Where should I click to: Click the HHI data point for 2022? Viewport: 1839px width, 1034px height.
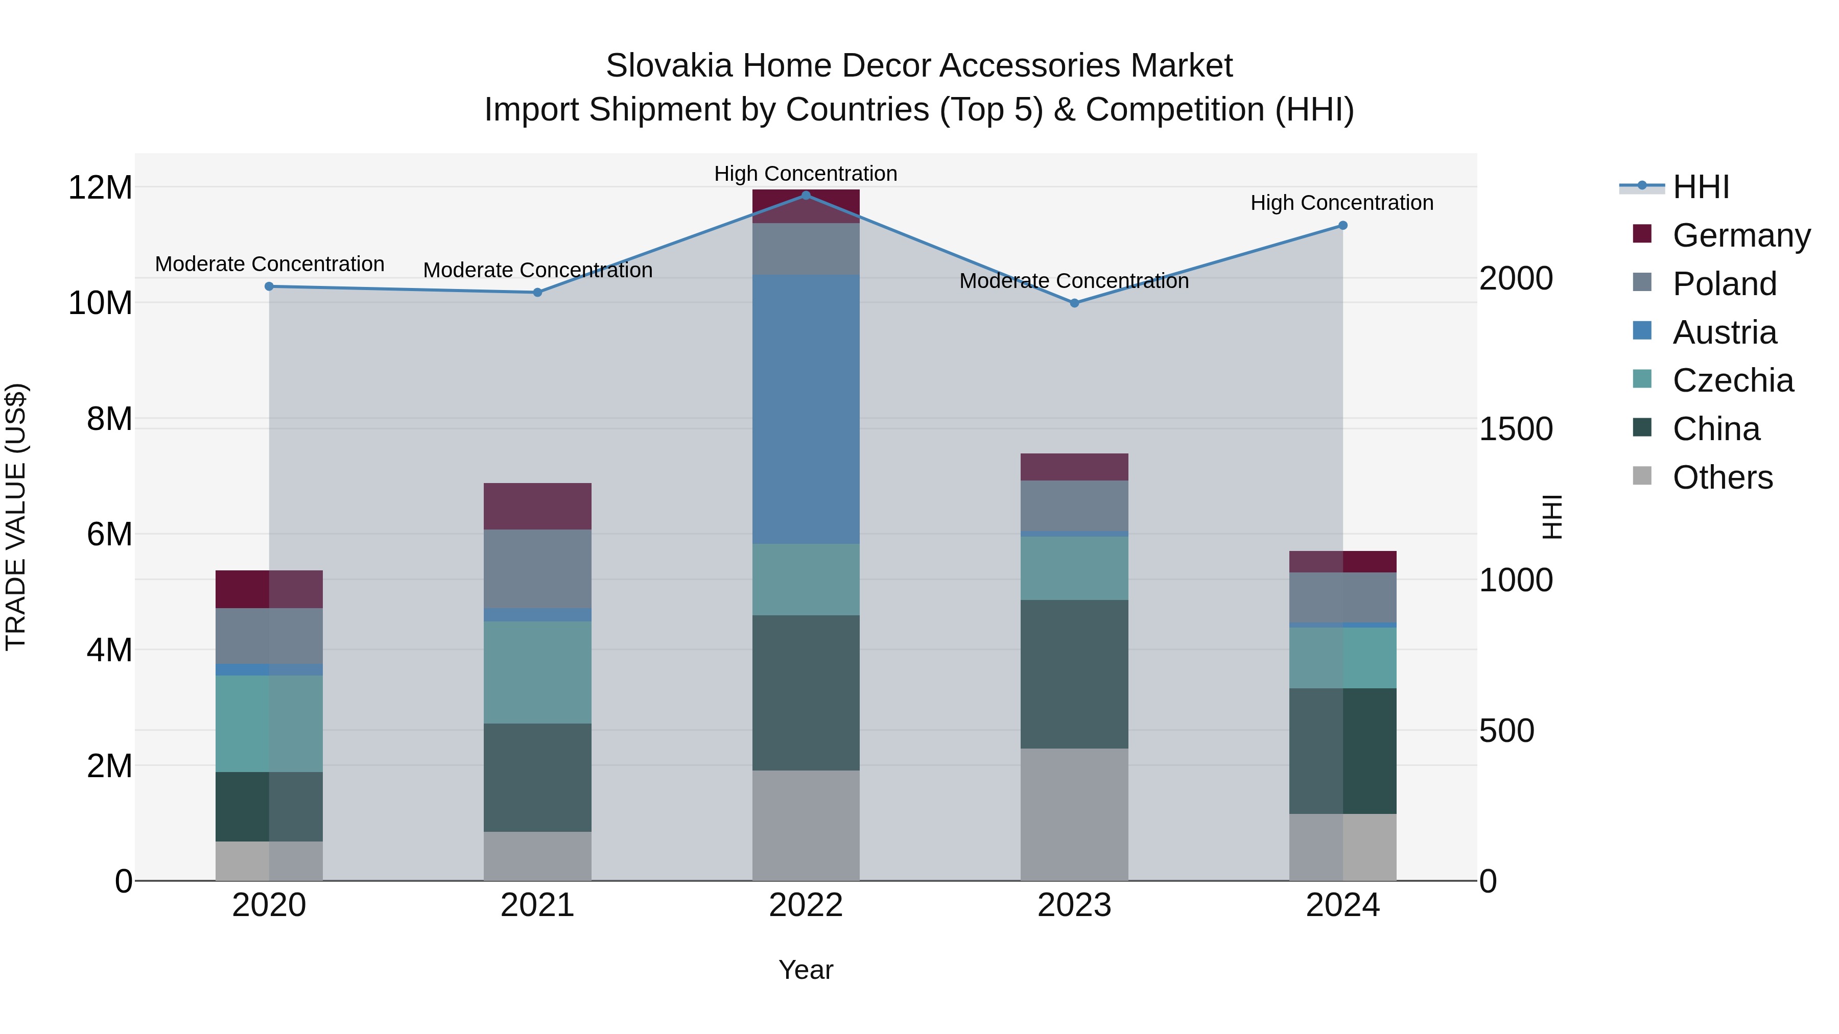point(806,195)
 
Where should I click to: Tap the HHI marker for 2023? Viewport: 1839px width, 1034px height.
point(1074,303)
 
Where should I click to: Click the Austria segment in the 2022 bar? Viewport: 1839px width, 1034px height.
point(806,410)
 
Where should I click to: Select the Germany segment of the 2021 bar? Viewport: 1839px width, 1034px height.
point(537,506)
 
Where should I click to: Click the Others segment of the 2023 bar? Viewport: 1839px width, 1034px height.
point(1074,814)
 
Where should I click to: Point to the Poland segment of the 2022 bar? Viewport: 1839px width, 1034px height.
point(806,249)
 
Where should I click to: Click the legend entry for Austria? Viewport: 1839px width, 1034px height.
point(1724,332)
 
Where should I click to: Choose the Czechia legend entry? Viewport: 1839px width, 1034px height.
point(1733,380)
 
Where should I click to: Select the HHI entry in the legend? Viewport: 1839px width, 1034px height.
point(1701,187)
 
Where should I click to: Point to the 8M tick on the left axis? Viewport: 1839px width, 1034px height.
point(109,419)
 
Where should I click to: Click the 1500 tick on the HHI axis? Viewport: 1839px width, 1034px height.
point(1516,429)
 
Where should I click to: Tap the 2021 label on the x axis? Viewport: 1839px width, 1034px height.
point(537,905)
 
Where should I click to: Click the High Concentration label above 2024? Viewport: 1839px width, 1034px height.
point(1342,203)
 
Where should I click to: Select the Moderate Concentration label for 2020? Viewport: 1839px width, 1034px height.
point(270,264)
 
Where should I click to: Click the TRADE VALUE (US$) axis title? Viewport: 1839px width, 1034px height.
point(16,517)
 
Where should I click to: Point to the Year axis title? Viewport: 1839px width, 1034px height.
point(806,970)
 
